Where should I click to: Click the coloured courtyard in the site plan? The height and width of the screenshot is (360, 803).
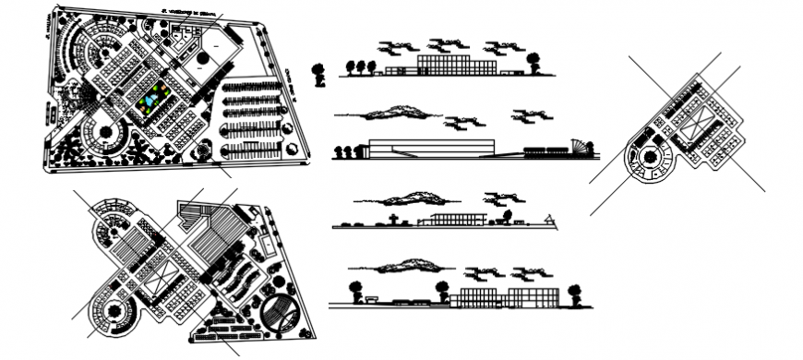(x=154, y=96)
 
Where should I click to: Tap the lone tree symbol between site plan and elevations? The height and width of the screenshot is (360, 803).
(x=318, y=74)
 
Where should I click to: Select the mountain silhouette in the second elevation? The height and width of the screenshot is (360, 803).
(x=395, y=113)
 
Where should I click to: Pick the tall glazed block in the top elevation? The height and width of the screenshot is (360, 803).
(x=456, y=63)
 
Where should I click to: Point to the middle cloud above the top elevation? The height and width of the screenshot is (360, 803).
(x=446, y=43)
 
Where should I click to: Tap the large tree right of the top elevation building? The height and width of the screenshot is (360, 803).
(x=533, y=61)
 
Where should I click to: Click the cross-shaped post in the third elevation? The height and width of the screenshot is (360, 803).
(x=393, y=219)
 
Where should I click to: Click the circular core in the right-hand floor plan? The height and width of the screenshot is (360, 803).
(x=651, y=157)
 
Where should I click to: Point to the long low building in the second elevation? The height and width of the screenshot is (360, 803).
(x=432, y=148)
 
